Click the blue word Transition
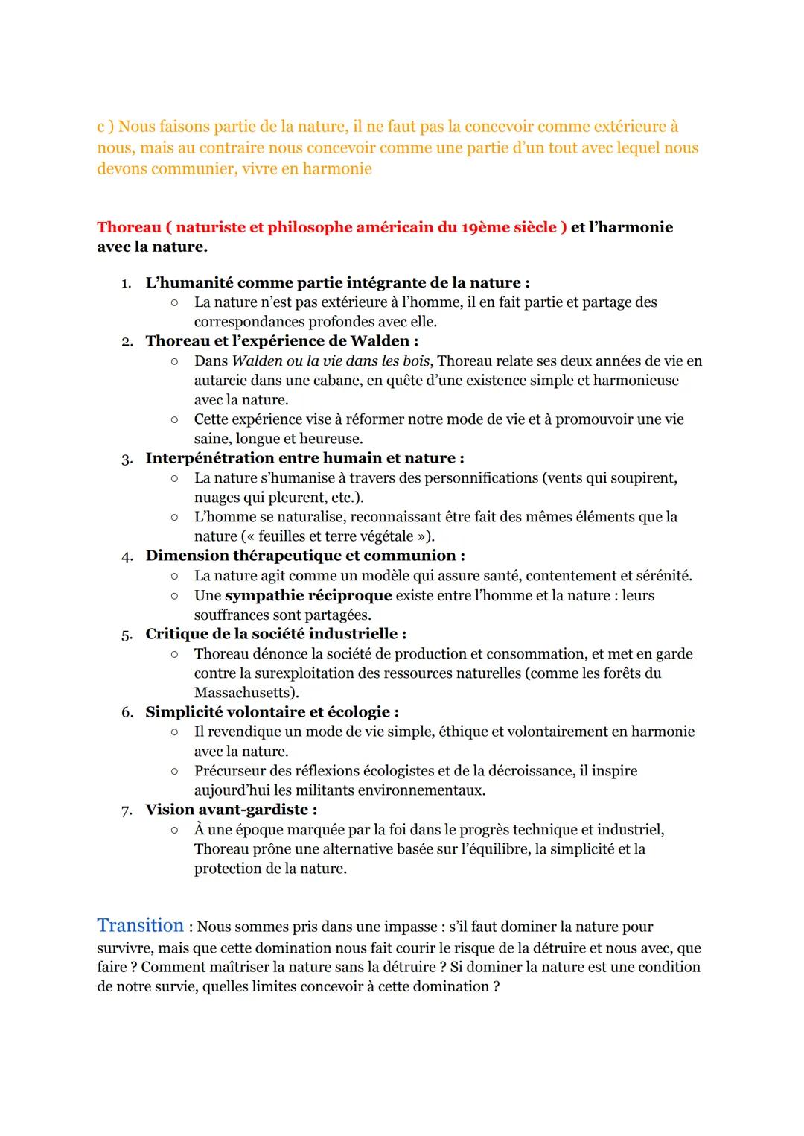pyautogui.click(x=140, y=925)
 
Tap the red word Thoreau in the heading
pyautogui.click(x=129, y=227)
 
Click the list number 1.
pyautogui.click(x=126, y=283)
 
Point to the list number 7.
pyautogui.click(x=126, y=810)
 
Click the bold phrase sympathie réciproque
pyautogui.click(x=308, y=595)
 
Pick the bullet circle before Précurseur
pyautogui.click(x=173, y=771)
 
